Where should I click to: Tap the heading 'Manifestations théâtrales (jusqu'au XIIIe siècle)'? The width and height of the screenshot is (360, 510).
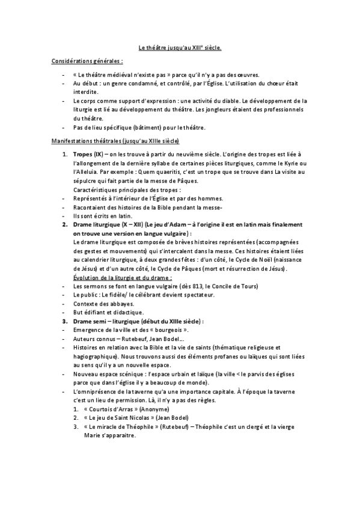[x=114, y=141]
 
